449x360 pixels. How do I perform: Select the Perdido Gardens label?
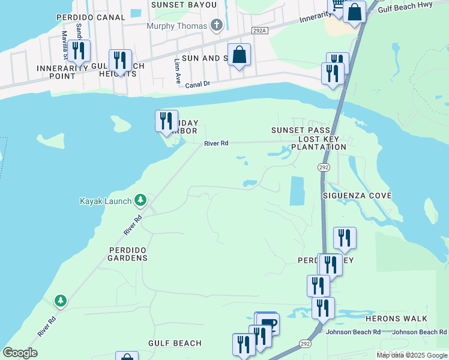(127, 253)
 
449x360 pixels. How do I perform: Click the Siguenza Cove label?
(357, 196)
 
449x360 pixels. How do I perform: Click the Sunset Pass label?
(300, 130)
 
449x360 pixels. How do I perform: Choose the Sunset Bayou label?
(184, 5)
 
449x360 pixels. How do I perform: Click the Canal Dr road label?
(197, 85)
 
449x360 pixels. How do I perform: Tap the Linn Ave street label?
(177, 71)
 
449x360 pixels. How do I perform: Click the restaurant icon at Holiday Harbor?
(166, 121)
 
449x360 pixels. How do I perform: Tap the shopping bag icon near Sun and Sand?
(239, 55)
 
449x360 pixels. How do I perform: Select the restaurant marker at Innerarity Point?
(79, 51)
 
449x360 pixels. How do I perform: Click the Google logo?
(20, 353)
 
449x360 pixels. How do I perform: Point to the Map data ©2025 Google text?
(412, 355)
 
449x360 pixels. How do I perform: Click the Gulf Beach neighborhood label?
(175, 343)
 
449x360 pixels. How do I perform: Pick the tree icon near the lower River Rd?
(60, 299)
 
